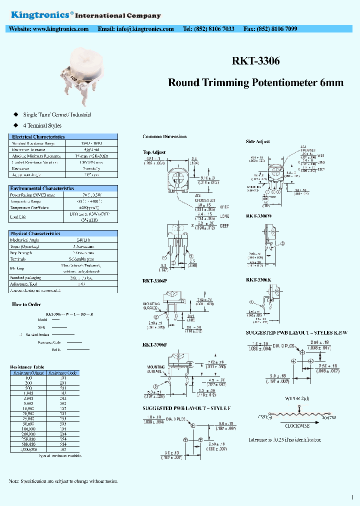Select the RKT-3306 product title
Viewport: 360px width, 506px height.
(x=255, y=61)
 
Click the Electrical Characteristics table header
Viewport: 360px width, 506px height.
(x=38, y=136)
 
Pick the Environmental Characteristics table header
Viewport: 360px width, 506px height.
(x=42, y=188)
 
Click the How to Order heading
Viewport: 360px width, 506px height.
(x=26, y=304)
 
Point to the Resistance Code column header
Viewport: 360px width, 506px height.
(x=65, y=372)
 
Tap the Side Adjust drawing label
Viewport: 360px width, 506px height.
(x=257, y=141)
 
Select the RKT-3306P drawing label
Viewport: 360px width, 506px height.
(x=154, y=281)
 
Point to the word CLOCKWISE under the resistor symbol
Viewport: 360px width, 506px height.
(x=297, y=426)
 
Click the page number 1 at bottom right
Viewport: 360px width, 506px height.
(x=352, y=497)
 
